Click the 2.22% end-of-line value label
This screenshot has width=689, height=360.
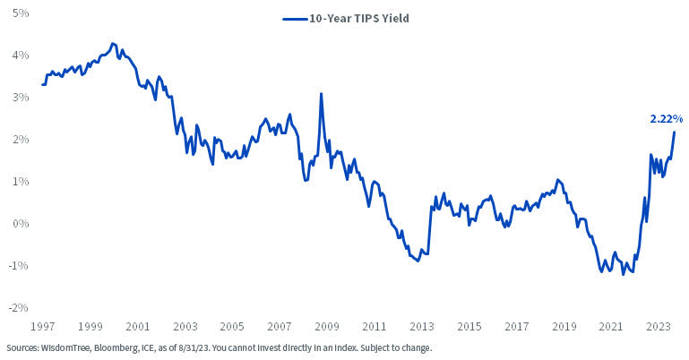pos(666,118)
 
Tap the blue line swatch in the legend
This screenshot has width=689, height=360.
pos(295,17)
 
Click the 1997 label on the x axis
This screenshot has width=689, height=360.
pos(43,327)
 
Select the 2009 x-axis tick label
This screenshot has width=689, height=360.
pos(326,327)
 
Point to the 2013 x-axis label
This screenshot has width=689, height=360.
pos(421,327)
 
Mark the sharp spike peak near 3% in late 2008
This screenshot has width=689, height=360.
pos(321,94)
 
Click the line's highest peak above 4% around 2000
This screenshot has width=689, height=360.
pos(112,43)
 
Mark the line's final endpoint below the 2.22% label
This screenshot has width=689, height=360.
pos(674,133)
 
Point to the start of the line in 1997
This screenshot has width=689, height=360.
pos(42,84)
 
